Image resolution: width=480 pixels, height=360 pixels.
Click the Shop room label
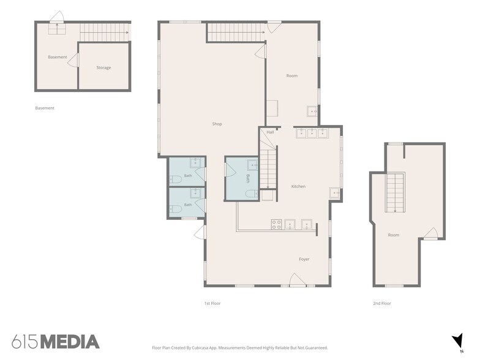tap(217, 124)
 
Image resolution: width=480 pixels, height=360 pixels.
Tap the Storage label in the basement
tap(103, 67)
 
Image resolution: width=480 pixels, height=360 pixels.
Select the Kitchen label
tap(298, 186)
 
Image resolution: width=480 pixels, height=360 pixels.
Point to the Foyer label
tap(304, 259)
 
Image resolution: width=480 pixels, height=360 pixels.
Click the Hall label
tap(270, 132)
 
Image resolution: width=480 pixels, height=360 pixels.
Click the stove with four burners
tap(277, 224)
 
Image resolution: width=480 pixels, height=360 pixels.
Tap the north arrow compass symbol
tap(458, 340)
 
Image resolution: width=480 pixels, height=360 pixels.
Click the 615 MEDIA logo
tap(55, 342)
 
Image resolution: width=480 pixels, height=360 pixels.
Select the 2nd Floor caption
tap(382, 304)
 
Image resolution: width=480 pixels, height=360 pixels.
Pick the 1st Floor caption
tap(212, 304)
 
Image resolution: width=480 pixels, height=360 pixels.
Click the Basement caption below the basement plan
tap(45, 108)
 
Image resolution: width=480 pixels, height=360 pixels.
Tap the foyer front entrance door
tap(298, 280)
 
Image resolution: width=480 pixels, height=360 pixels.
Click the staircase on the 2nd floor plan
tap(396, 192)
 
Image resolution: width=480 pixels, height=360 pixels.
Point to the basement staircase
tap(104, 32)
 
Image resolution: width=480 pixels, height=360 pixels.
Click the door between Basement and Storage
tap(73, 60)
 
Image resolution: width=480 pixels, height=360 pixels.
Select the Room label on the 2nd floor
tap(393, 235)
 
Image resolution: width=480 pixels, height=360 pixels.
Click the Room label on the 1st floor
tap(291, 76)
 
